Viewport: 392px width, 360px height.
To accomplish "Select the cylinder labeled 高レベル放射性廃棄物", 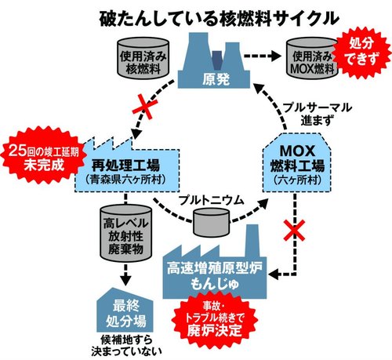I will point(119,235).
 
